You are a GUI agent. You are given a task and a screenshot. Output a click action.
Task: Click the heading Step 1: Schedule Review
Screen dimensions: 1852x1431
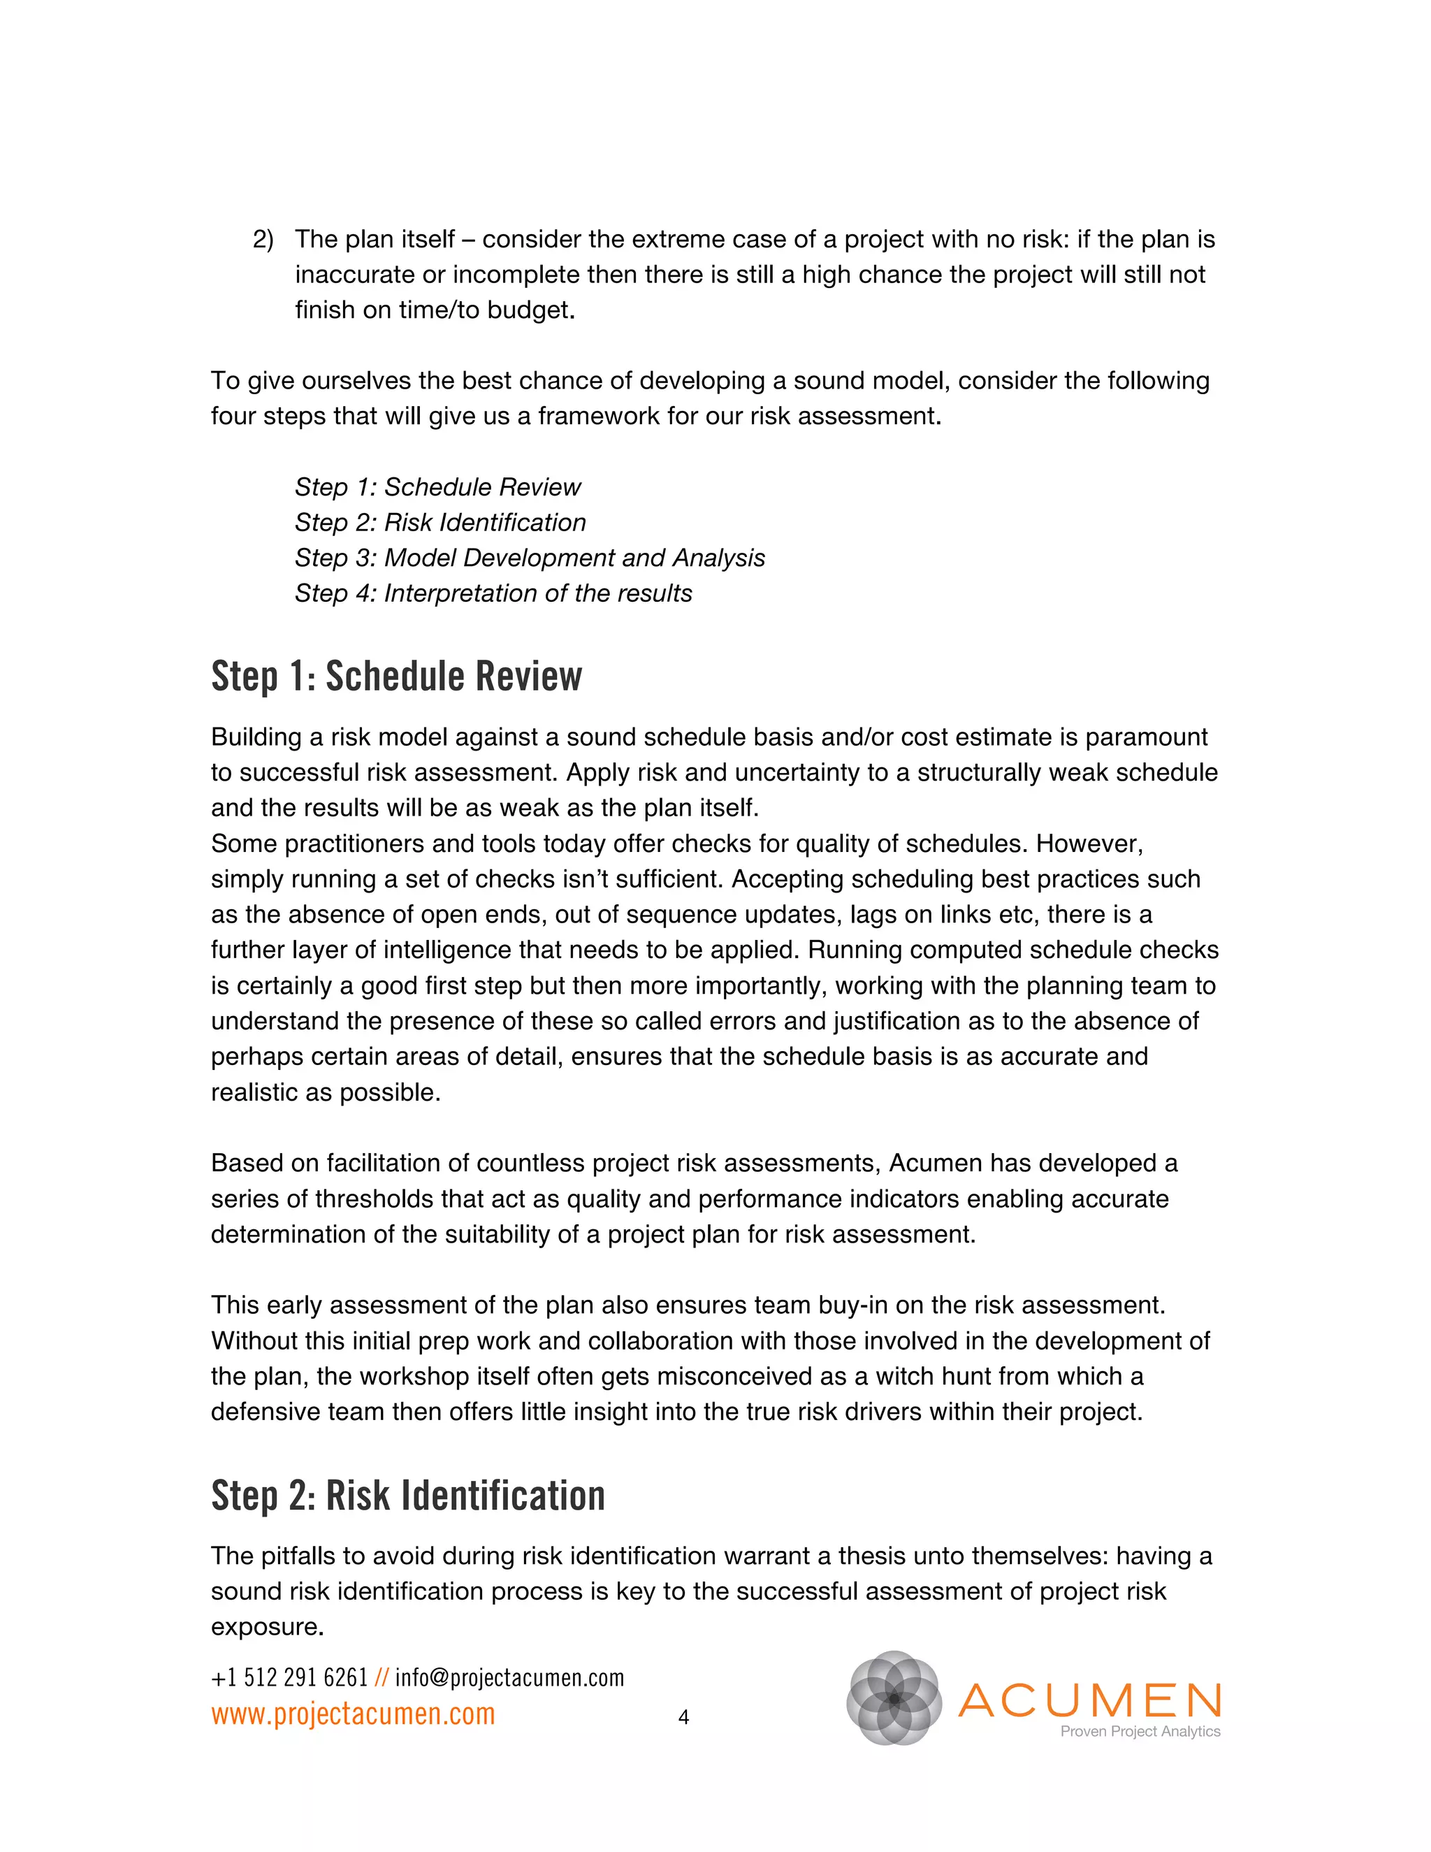pyautogui.click(x=396, y=677)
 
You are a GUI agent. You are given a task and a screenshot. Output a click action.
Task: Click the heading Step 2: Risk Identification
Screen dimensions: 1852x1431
pyautogui.click(x=408, y=1495)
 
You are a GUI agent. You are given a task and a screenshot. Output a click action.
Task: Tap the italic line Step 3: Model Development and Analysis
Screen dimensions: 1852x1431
pyautogui.click(x=529, y=558)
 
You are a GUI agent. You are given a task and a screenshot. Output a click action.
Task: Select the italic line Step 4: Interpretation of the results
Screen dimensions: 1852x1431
pyautogui.click(x=493, y=593)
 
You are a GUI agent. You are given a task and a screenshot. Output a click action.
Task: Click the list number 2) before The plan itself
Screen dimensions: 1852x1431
pyautogui.click(x=263, y=240)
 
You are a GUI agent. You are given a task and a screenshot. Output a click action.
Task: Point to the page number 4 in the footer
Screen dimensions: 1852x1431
pyautogui.click(x=683, y=1717)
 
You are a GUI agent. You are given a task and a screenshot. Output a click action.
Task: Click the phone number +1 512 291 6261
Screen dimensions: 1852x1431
pyautogui.click(x=289, y=1677)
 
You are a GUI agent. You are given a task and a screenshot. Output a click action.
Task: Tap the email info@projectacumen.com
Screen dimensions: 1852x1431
pyautogui.click(x=509, y=1677)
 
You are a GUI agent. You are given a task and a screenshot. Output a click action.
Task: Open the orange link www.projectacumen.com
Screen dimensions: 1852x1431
pyautogui.click(x=353, y=1714)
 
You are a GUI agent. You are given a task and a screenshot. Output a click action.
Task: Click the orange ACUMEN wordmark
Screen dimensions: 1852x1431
pyautogui.click(x=1089, y=1700)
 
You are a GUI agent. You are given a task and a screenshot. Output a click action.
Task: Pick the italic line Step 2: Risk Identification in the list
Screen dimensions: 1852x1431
pyautogui.click(x=440, y=522)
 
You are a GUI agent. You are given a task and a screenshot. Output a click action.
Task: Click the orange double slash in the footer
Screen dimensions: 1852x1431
pyautogui.click(x=381, y=1677)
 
